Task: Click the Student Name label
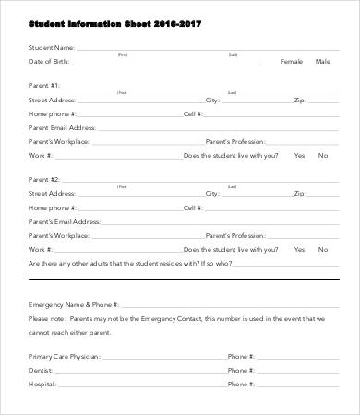(x=51, y=46)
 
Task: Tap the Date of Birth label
(x=48, y=61)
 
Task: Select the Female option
(x=291, y=61)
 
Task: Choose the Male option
(x=322, y=61)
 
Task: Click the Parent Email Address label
(x=62, y=127)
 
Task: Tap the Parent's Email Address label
(x=64, y=221)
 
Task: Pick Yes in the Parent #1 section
(x=299, y=155)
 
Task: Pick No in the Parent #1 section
(x=322, y=155)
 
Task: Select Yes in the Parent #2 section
(x=299, y=249)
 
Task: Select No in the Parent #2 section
(x=322, y=249)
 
